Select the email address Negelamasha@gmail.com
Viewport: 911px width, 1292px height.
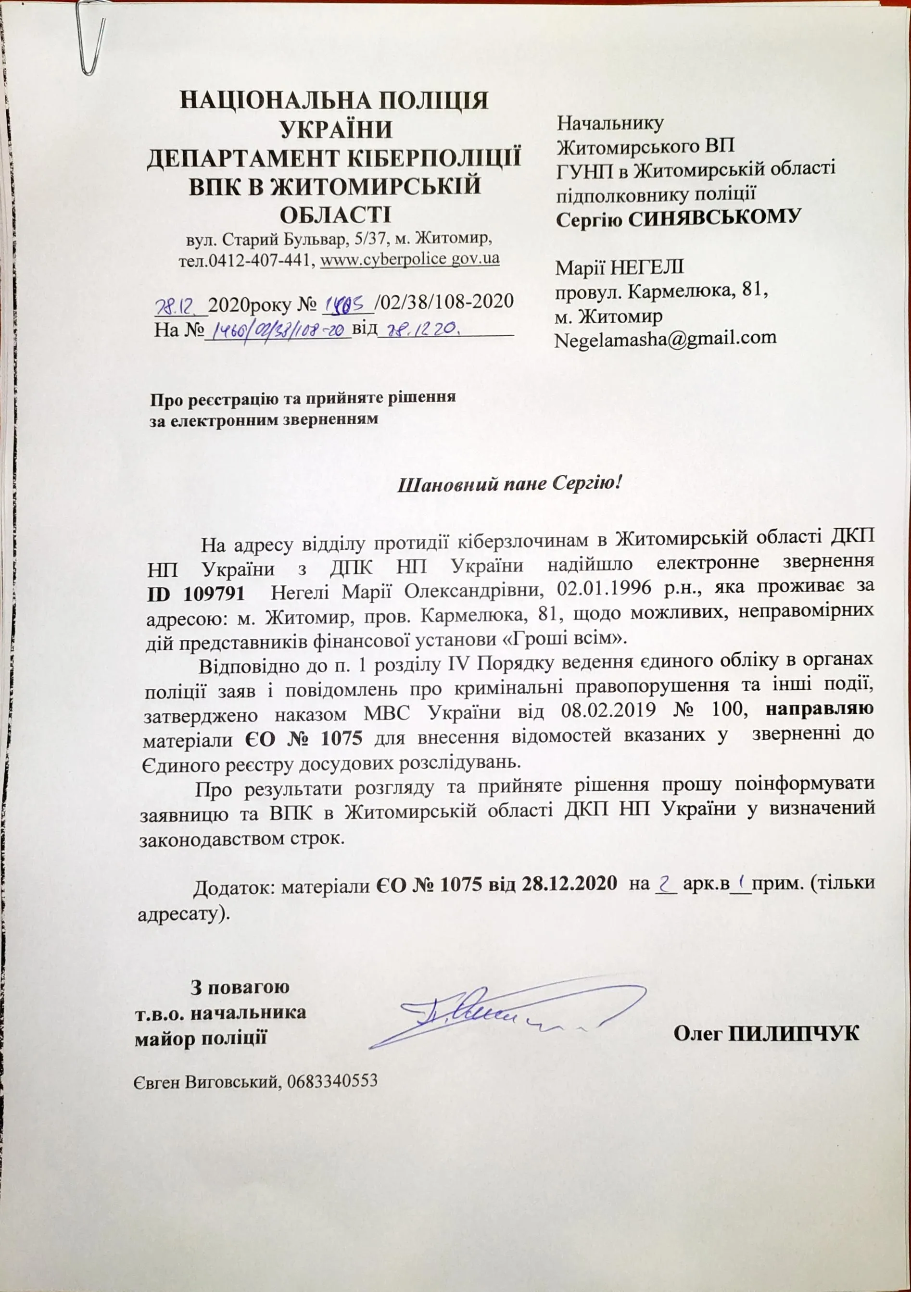click(x=666, y=338)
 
